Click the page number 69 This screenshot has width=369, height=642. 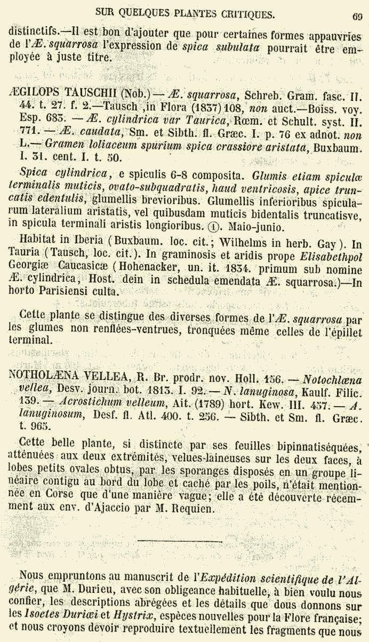pos(357,16)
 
